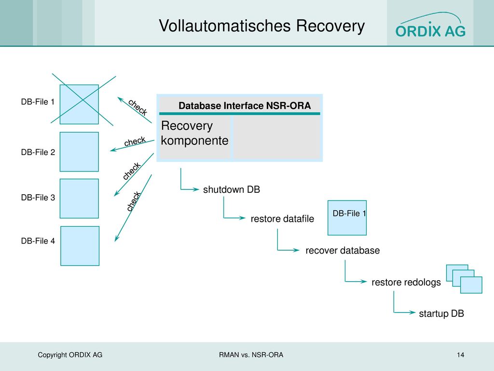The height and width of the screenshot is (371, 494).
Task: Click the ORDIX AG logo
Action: [430, 25]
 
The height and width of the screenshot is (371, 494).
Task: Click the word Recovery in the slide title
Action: [330, 26]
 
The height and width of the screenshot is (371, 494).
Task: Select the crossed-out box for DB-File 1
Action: [80, 104]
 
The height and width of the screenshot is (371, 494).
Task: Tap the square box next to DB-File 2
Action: [80, 152]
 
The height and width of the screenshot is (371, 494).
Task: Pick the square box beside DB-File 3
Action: [80, 199]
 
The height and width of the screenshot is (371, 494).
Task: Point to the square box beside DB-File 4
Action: [80, 246]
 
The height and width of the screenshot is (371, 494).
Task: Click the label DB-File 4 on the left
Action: [38, 241]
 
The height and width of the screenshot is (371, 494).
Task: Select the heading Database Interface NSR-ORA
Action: [245, 105]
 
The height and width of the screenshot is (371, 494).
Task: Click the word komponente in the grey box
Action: [194, 141]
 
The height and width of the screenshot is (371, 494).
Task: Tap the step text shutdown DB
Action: [232, 189]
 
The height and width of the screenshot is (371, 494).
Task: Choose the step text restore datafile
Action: [282, 219]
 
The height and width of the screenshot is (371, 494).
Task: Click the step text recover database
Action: [343, 251]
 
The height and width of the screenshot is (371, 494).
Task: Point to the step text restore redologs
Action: [406, 282]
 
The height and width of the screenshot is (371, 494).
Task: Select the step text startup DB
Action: [441, 314]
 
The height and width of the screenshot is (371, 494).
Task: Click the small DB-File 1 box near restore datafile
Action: [347, 218]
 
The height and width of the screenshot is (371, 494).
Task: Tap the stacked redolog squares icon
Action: [464, 279]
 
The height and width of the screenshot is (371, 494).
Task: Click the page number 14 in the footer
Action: [460, 355]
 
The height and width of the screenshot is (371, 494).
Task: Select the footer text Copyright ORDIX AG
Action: [70, 355]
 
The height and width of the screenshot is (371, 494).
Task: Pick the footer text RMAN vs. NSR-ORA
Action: [251, 355]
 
